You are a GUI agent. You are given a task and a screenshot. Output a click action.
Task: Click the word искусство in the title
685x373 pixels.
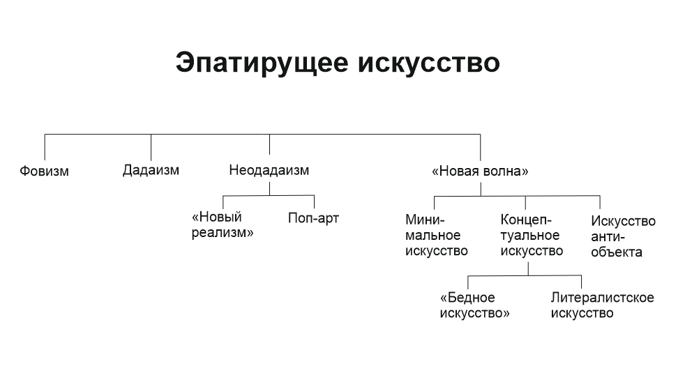(428, 62)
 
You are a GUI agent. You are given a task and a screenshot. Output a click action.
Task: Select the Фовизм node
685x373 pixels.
(45, 171)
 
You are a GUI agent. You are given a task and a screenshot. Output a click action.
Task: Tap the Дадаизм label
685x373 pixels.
(151, 169)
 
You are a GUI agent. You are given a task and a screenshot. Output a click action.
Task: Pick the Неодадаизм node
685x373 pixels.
(269, 169)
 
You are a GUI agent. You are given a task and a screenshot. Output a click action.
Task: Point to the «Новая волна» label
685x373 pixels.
(480, 171)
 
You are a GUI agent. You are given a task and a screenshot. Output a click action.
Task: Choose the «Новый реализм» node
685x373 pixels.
(222, 225)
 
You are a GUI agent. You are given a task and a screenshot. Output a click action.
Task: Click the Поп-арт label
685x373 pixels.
(314, 218)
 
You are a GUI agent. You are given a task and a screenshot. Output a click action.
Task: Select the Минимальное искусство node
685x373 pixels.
(437, 236)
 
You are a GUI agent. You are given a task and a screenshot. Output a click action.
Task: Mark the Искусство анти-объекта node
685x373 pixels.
(623, 236)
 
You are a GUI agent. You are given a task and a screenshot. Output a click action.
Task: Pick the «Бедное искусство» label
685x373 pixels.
(475, 305)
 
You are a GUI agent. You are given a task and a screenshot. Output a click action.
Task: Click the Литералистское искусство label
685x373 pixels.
(602, 305)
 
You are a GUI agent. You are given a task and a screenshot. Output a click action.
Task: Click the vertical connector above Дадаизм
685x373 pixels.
(151, 146)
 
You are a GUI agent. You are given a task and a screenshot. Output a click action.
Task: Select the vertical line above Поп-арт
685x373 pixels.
(314, 201)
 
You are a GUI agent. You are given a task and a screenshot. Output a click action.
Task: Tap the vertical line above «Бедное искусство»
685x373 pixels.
(468, 282)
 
